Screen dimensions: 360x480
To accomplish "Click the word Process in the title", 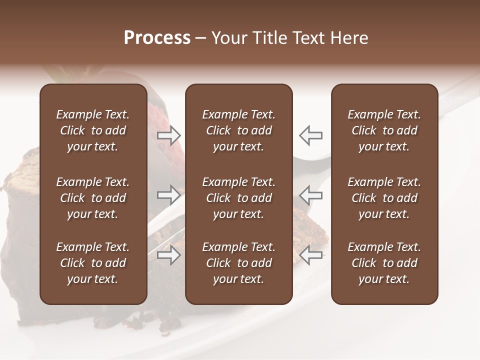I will click(157, 37).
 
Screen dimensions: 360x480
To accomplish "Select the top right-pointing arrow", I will click(169, 135).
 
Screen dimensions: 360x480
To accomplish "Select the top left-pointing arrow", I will click(310, 135).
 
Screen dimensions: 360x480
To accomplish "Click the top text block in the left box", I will click(93, 130).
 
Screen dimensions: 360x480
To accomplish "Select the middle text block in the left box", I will click(93, 198).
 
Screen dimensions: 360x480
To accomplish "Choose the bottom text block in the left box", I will click(93, 263).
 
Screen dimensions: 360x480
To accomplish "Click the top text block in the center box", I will click(239, 130).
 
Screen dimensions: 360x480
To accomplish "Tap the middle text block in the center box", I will click(239, 198).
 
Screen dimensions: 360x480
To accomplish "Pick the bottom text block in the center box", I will click(239, 263).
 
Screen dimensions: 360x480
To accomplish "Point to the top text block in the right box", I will click(384, 130).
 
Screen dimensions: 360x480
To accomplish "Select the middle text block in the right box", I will click(384, 198).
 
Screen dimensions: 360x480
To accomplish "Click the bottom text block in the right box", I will click(384, 263).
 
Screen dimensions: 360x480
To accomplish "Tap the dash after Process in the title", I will click(200, 38).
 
